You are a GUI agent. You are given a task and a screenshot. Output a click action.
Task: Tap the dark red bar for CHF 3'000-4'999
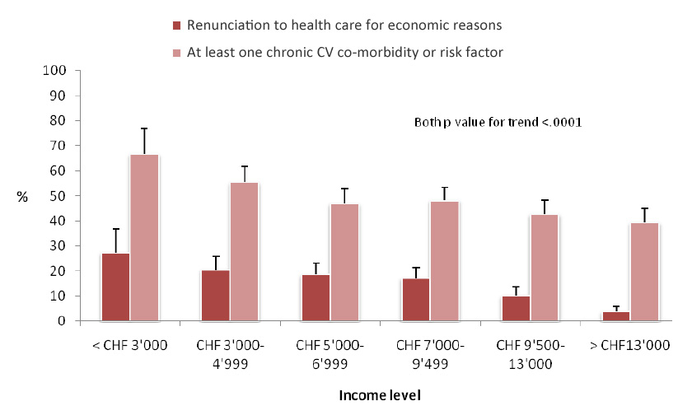click(215, 295)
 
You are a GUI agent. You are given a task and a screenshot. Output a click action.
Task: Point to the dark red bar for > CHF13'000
click(616, 316)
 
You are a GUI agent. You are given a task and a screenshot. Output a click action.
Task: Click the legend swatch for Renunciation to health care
click(176, 26)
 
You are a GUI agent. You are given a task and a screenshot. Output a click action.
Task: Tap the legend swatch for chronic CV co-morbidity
click(176, 53)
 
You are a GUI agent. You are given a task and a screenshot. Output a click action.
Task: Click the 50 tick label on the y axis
click(58, 196)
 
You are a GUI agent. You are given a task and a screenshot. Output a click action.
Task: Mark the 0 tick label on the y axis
click(62, 321)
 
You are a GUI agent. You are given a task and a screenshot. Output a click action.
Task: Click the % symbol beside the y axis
click(22, 197)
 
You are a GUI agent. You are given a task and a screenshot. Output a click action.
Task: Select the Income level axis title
click(380, 395)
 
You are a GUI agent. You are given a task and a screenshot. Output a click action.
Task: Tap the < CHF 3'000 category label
click(130, 344)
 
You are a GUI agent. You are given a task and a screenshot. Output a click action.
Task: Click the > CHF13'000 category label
click(629, 344)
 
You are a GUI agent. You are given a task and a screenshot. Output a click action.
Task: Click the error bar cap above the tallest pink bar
click(144, 129)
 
